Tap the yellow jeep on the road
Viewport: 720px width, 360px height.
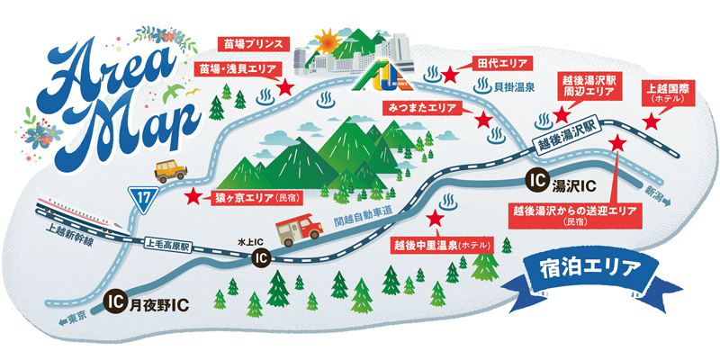(x=170, y=169)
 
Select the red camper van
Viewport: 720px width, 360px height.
(x=299, y=228)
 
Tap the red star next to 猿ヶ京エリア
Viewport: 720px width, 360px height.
(x=193, y=194)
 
